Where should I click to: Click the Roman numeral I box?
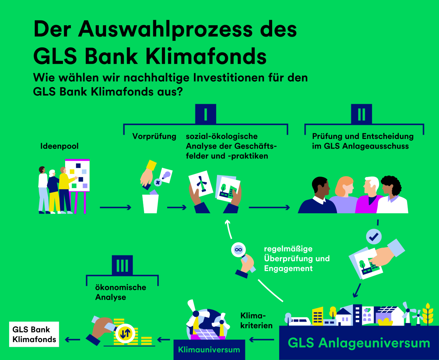[206, 114]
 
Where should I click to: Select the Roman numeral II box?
[361, 114]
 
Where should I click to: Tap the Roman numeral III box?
[122, 265]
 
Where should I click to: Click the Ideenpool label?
[59, 146]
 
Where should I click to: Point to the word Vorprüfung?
[154, 136]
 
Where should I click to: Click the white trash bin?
[151, 203]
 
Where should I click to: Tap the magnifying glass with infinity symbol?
[239, 250]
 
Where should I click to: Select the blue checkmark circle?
[374, 237]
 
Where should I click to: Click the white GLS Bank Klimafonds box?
[34, 334]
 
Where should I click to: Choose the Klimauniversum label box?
[209, 349]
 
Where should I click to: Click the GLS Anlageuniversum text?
[359, 343]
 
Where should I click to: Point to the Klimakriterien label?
[256, 320]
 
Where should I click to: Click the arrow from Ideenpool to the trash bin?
[115, 208]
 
